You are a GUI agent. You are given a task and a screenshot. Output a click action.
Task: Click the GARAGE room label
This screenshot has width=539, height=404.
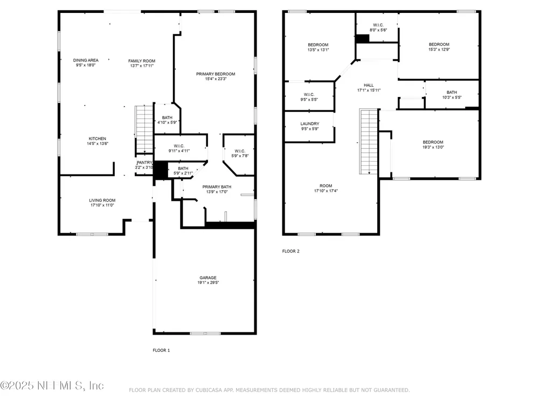208,277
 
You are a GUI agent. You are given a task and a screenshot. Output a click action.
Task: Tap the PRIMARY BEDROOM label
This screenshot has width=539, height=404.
216,74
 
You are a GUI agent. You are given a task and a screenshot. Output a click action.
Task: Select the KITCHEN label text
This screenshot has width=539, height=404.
97,139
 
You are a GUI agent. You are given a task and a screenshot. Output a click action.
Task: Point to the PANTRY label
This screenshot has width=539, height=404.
144,163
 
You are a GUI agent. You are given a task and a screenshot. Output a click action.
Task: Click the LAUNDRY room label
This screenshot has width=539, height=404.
310,124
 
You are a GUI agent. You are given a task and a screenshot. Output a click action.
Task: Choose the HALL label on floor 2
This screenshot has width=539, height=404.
369,85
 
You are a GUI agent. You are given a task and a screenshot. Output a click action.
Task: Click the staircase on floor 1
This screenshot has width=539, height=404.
144,129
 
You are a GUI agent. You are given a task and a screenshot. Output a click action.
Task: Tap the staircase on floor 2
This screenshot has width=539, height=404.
369,142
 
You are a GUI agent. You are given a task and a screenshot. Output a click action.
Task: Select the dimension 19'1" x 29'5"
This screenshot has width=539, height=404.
208,283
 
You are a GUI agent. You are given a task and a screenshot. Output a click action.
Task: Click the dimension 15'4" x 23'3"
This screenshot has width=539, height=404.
216,79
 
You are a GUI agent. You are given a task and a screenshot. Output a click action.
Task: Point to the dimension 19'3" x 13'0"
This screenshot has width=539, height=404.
433,148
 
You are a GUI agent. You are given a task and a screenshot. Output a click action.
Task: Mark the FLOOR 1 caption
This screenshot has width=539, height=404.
161,351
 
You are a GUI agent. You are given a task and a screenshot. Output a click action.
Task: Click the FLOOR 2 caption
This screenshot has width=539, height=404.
291,251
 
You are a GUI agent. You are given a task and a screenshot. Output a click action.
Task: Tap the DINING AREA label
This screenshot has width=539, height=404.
86,60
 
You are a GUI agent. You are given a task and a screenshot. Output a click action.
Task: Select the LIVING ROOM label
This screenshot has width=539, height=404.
102,200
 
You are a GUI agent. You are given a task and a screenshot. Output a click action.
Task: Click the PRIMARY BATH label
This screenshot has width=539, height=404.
217,187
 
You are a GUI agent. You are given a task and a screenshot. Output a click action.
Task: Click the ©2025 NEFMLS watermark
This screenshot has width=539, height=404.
52,386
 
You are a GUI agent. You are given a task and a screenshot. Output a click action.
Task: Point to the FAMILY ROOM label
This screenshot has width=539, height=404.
142,61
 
